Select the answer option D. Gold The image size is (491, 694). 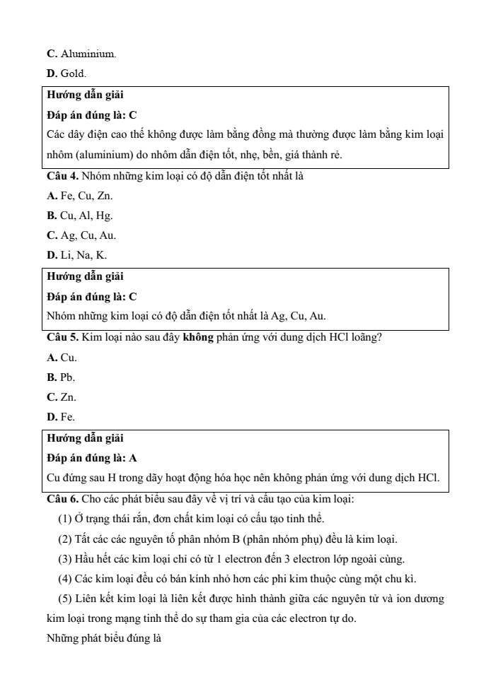click(x=67, y=73)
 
